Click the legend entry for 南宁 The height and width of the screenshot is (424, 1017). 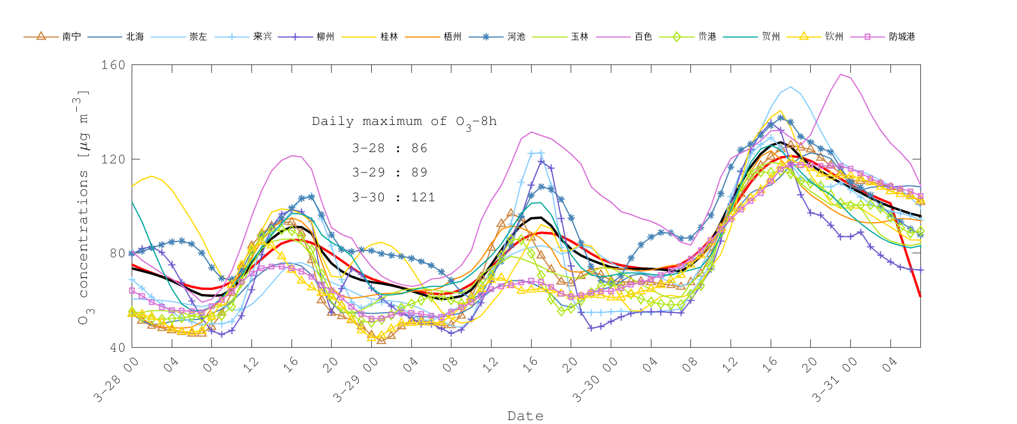[71, 37]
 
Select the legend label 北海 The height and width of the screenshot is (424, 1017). [134, 37]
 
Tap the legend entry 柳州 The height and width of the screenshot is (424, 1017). [325, 37]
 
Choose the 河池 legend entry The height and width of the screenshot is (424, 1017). [516, 37]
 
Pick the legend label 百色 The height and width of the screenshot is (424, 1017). [643, 37]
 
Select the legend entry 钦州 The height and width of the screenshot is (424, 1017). [834, 37]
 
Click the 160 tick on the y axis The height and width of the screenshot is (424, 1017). [113, 65]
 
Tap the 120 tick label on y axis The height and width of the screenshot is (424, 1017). [113, 159]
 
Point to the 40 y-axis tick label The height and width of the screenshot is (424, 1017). [117, 347]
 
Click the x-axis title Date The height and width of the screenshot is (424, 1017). [525, 416]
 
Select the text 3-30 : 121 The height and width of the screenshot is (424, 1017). [393, 197]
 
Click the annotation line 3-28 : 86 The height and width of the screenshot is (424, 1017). [389, 148]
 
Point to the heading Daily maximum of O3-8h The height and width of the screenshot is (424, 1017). [404, 122]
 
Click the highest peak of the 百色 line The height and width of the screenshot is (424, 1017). [841, 74]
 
